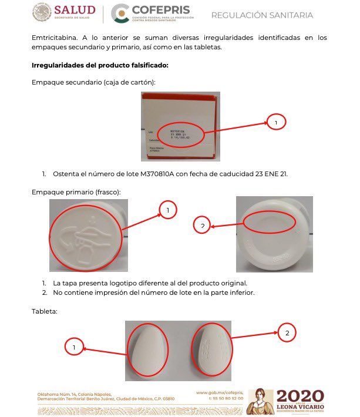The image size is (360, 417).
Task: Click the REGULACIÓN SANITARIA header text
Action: [262, 15]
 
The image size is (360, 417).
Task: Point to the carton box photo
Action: [180, 126]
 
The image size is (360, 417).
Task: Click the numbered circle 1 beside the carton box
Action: [276, 122]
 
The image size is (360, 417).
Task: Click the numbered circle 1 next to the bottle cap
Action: [168, 210]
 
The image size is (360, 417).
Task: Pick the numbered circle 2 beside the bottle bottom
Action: [201, 226]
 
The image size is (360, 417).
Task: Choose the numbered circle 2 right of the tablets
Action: [287, 333]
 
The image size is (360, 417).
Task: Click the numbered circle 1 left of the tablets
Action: [74, 348]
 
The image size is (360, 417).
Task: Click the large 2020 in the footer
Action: [300, 396]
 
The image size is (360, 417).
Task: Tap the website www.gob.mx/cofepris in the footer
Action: [219, 392]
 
